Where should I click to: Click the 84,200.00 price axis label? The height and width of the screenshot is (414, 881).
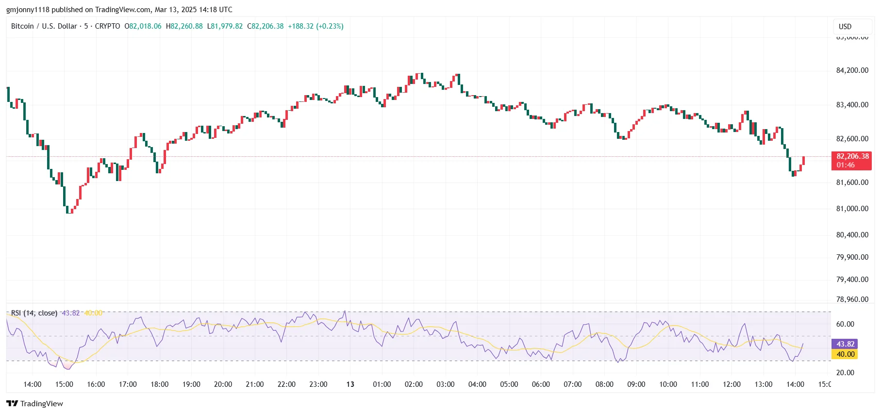[x=852, y=70]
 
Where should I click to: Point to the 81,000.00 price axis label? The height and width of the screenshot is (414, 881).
[x=852, y=209]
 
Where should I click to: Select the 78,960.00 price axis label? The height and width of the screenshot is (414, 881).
[x=852, y=299]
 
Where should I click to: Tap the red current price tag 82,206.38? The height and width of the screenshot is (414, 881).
[x=852, y=161]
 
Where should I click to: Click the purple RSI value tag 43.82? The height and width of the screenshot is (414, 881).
[x=845, y=344]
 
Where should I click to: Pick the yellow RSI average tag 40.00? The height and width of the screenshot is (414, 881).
[x=845, y=354]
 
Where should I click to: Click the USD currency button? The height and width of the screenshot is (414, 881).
[x=845, y=27]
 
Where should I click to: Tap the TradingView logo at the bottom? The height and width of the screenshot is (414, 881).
[x=34, y=404]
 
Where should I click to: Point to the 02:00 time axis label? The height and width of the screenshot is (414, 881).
[x=414, y=384]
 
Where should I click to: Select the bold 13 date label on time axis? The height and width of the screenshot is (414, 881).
[x=350, y=384]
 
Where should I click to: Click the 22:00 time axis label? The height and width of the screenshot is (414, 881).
[x=286, y=384]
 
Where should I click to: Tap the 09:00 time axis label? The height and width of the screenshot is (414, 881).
[x=636, y=384]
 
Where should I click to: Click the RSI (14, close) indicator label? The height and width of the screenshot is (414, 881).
[x=34, y=313]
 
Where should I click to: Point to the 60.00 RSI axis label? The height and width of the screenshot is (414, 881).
[x=845, y=324]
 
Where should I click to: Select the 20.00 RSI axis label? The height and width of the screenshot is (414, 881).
[x=845, y=373]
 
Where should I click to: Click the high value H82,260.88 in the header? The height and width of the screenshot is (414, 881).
[x=184, y=26]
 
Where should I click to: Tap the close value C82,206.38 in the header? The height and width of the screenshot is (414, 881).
[x=266, y=26]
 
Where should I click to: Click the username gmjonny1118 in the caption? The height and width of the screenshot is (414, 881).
[x=28, y=10]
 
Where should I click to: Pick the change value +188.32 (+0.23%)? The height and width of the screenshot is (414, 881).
[x=316, y=26]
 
